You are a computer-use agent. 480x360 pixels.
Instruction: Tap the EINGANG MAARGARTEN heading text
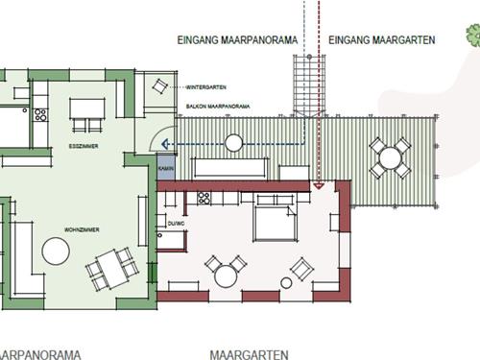[x=377, y=40]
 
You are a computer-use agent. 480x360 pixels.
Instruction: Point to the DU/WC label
[x=175, y=224]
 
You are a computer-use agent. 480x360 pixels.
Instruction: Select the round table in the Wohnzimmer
[x=56, y=252]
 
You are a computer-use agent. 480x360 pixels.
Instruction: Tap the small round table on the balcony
[x=233, y=143]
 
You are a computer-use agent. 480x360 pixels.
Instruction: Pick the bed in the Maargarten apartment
[x=272, y=224]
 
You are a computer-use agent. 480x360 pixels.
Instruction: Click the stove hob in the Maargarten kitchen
[x=204, y=199]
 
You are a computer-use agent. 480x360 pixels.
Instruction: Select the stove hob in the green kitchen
[x=40, y=115]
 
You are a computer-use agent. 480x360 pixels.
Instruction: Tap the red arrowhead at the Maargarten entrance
[x=319, y=185]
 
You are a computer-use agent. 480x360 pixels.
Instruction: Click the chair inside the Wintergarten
[x=156, y=87]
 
